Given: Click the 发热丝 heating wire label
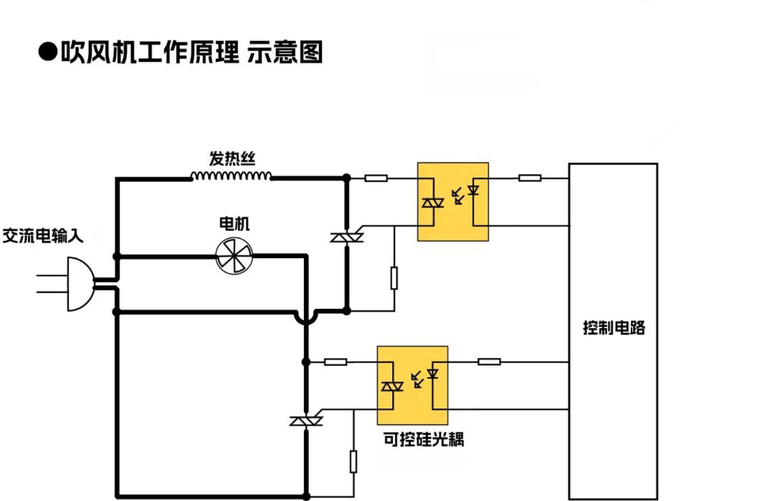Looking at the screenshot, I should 232,157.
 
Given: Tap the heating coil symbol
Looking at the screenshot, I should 232,176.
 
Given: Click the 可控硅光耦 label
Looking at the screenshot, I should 424,439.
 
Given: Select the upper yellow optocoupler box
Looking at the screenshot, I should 453,201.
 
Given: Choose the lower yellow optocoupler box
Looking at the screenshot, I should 412,385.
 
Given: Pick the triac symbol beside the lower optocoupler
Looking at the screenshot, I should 306,421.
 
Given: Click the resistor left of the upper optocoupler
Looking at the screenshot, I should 376,177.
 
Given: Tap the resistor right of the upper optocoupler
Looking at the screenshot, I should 529,177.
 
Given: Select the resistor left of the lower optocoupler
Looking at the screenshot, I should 335,362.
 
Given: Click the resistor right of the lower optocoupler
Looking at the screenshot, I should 488,362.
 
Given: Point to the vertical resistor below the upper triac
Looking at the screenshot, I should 394,278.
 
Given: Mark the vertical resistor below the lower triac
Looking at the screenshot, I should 353,461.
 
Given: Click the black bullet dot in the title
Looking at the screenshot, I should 48,53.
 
